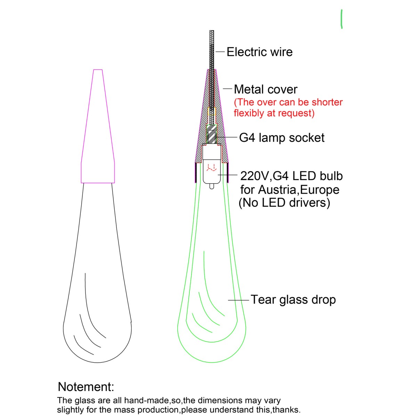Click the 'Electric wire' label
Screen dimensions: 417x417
click(260, 52)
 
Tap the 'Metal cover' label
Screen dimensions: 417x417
click(265, 89)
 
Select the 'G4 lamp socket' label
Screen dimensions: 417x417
click(282, 138)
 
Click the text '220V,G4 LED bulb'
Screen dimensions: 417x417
click(292, 176)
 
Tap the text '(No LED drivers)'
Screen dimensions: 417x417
click(284, 203)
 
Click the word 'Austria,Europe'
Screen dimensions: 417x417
click(299, 190)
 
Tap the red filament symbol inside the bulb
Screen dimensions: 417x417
click(211, 168)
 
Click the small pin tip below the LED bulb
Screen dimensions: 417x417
click(212, 186)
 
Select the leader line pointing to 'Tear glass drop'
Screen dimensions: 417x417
click(238, 300)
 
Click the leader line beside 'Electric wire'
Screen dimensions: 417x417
click(220, 52)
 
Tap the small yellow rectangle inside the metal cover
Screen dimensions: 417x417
click(212, 111)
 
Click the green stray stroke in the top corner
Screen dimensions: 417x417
click(342, 19)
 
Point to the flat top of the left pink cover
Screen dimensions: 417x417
click(98, 70)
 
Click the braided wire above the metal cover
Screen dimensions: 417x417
click(212, 50)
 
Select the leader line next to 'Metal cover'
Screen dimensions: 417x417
click(227, 89)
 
